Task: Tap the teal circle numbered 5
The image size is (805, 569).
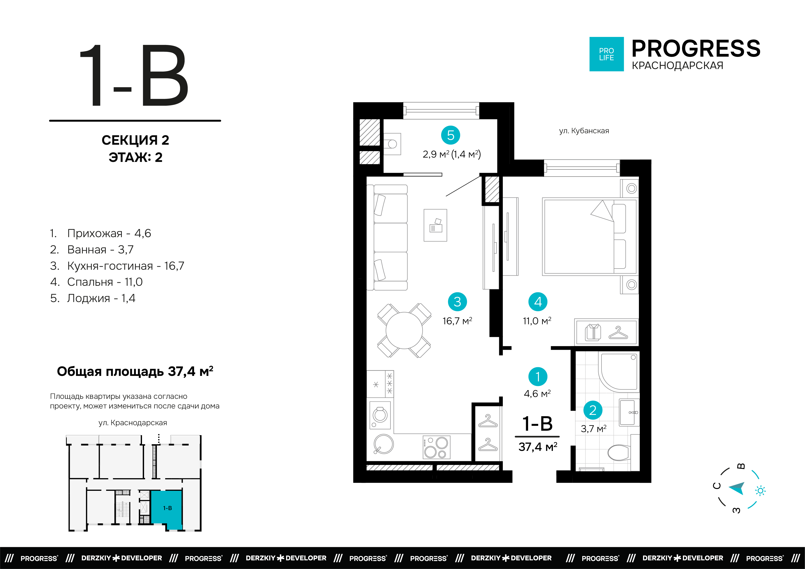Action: pos(451,135)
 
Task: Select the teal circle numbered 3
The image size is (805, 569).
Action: pos(457,302)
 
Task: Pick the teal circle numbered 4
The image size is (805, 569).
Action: pos(538,302)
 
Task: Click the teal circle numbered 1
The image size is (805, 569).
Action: pos(538,377)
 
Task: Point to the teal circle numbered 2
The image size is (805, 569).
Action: pos(593,410)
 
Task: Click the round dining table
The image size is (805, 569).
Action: pos(404,330)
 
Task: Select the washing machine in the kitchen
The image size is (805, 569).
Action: pos(380,415)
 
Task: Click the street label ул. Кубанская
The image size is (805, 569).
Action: pos(584,131)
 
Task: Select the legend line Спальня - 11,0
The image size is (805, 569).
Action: pos(96,282)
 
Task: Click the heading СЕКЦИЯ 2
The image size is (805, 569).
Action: pos(135,140)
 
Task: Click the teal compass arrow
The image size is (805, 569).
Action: pos(738,488)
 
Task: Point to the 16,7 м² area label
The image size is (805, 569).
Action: pos(457,321)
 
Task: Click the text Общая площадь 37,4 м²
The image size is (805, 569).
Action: pos(135,371)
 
